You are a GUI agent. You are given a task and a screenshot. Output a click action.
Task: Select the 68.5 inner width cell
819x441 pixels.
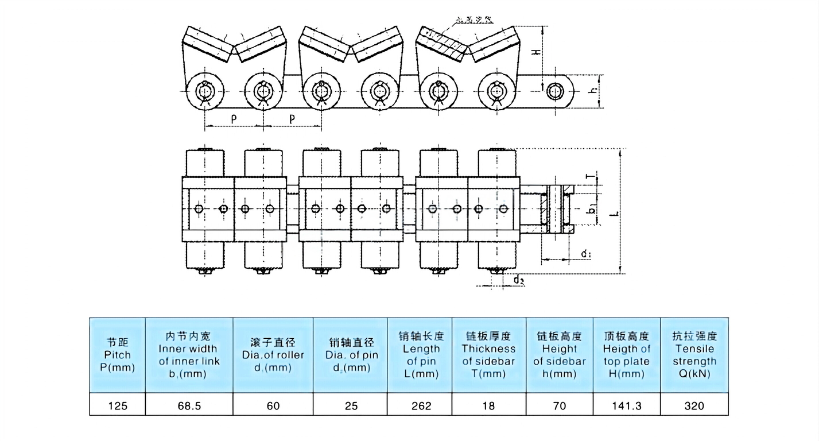pos(189,405)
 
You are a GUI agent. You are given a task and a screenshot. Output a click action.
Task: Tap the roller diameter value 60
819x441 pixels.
pos(273,405)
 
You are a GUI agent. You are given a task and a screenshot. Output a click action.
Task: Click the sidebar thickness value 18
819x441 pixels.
pos(489,405)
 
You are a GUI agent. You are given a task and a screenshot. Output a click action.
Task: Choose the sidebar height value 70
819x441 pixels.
pos(559,405)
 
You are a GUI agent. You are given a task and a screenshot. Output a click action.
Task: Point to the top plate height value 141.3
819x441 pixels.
pos(626,405)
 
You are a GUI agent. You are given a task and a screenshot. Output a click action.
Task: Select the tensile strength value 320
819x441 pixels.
pos(694,405)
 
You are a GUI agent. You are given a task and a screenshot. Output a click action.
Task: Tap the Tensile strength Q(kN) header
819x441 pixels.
pos(694,355)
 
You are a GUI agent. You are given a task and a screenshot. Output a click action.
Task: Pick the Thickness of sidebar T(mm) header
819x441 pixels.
pos(489,355)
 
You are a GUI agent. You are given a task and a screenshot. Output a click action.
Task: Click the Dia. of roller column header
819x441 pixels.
pos(273,355)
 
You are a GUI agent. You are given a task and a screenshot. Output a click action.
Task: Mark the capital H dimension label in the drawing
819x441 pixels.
pos(535,51)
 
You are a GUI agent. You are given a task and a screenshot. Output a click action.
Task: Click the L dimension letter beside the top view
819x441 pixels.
pos(614,213)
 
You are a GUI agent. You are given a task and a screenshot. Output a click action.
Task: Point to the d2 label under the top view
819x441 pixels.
pos(519,280)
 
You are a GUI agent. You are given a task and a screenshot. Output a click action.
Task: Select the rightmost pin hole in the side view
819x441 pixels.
pos(554,91)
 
